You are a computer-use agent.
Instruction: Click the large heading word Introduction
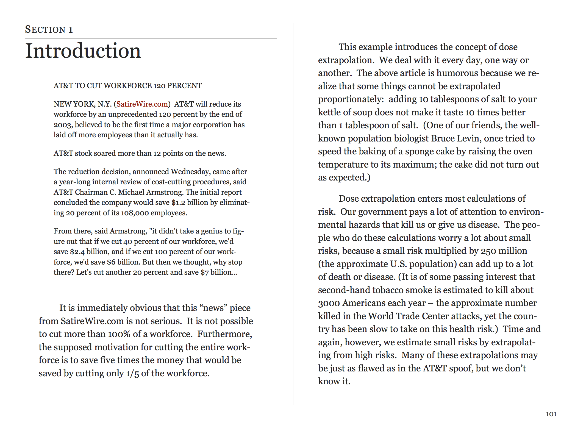coord(83,51)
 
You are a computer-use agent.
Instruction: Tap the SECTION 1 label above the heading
coord(49,29)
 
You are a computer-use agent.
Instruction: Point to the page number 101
coord(551,414)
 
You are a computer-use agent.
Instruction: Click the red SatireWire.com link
coord(142,104)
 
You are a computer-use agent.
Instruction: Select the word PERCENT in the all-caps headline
coord(184,86)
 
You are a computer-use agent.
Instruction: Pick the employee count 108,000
coord(135,213)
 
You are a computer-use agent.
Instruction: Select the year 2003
coord(63,125)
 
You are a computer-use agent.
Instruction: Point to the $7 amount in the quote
coord(204,272)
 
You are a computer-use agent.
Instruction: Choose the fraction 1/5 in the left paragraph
coord(132,373)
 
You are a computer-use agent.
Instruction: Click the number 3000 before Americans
coord(329,303)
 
